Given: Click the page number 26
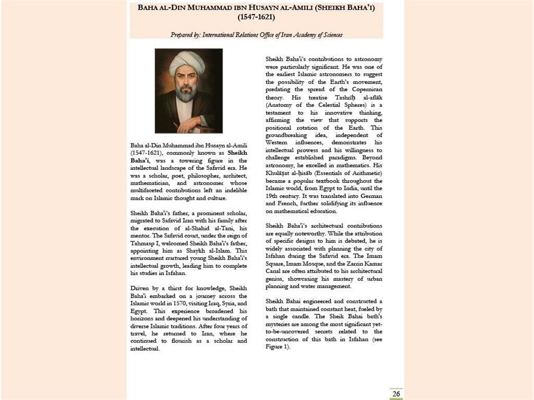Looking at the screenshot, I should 396,394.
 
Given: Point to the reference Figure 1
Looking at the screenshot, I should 277,347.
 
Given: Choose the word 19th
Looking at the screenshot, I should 274,196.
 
